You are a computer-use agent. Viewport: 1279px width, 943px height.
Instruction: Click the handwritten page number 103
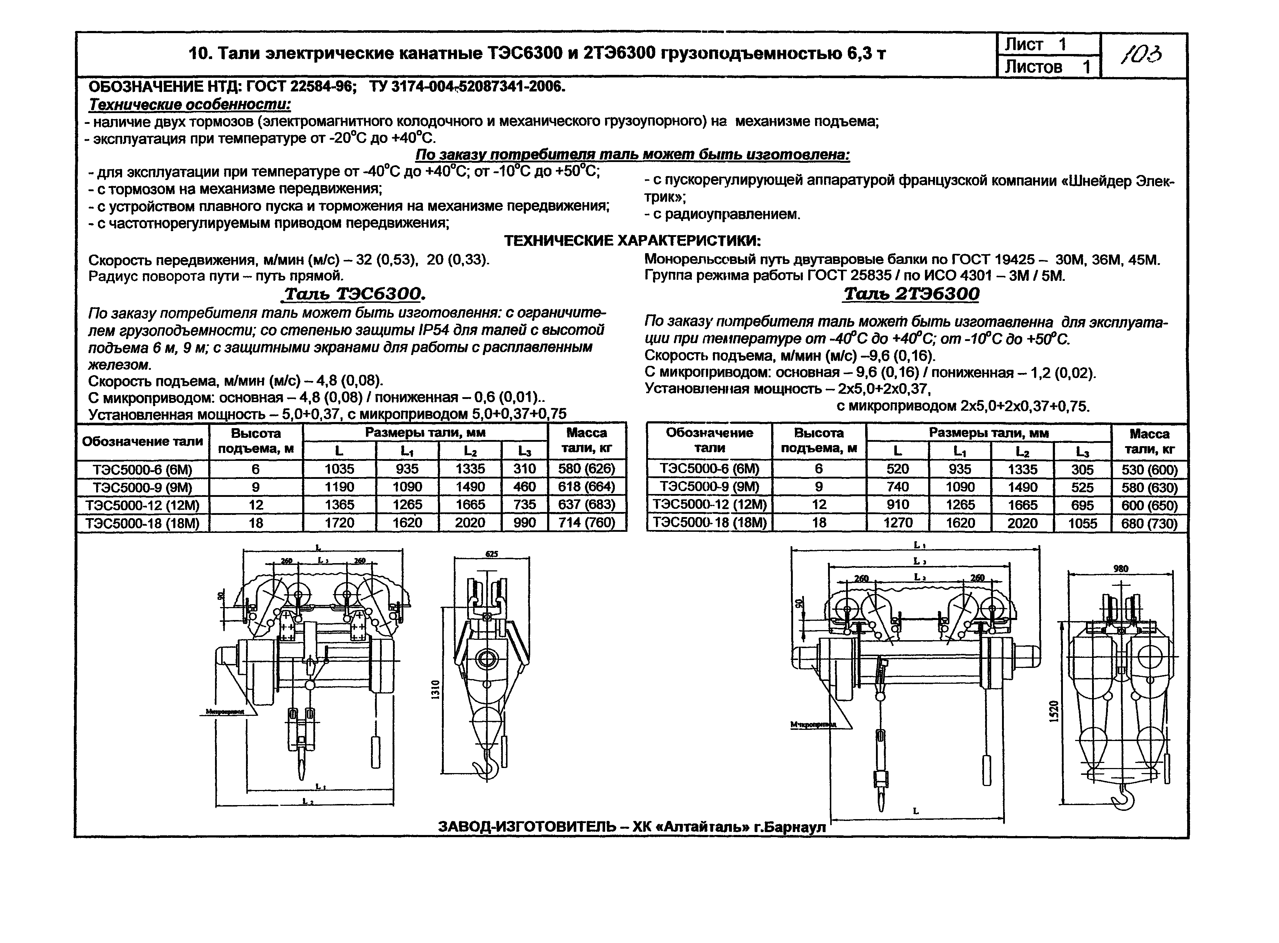[1143, 55]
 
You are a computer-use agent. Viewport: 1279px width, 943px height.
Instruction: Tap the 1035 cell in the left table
[339, 469]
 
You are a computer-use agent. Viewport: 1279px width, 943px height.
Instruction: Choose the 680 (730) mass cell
[1149, 524]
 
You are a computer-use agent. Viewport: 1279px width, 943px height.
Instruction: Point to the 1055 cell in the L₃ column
[1082, 524]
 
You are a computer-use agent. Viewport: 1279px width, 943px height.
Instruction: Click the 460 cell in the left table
[524, 487]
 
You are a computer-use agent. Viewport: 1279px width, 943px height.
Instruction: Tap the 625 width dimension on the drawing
[492, 554]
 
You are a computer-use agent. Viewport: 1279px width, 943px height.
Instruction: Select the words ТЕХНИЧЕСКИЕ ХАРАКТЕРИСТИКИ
[632, 240]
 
